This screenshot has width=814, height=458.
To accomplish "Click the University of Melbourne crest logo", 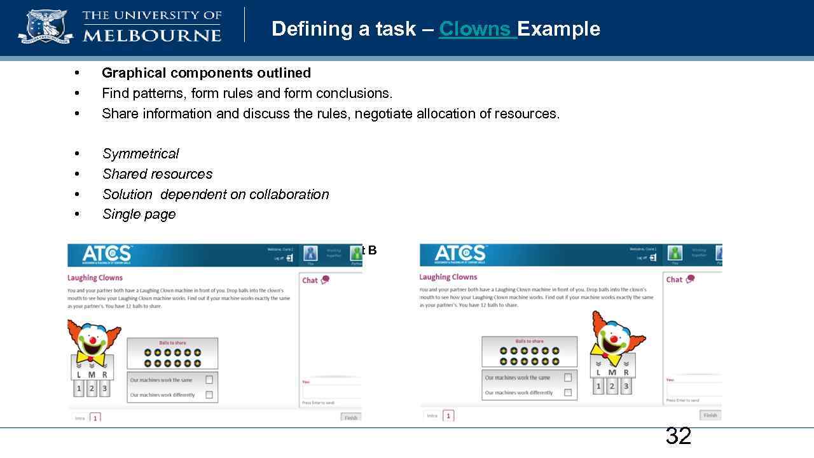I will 45,27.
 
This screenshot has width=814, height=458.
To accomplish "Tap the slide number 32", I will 678,436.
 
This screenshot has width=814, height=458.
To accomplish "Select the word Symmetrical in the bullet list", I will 140,154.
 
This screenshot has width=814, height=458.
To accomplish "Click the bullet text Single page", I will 139,214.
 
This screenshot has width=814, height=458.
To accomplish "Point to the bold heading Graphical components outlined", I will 206,73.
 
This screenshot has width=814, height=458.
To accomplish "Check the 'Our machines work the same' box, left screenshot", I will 209,380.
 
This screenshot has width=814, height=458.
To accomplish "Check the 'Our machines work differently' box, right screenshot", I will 568,392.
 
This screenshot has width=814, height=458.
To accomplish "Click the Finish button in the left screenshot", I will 351,418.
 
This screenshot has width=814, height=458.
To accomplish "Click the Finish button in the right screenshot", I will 710,415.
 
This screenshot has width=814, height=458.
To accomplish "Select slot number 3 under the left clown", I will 105,388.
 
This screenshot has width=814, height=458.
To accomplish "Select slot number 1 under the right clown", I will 598,385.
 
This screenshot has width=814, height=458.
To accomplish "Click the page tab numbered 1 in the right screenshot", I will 448,415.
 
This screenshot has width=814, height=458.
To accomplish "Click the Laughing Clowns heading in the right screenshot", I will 448,277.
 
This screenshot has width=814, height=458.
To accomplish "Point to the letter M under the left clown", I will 92,375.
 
